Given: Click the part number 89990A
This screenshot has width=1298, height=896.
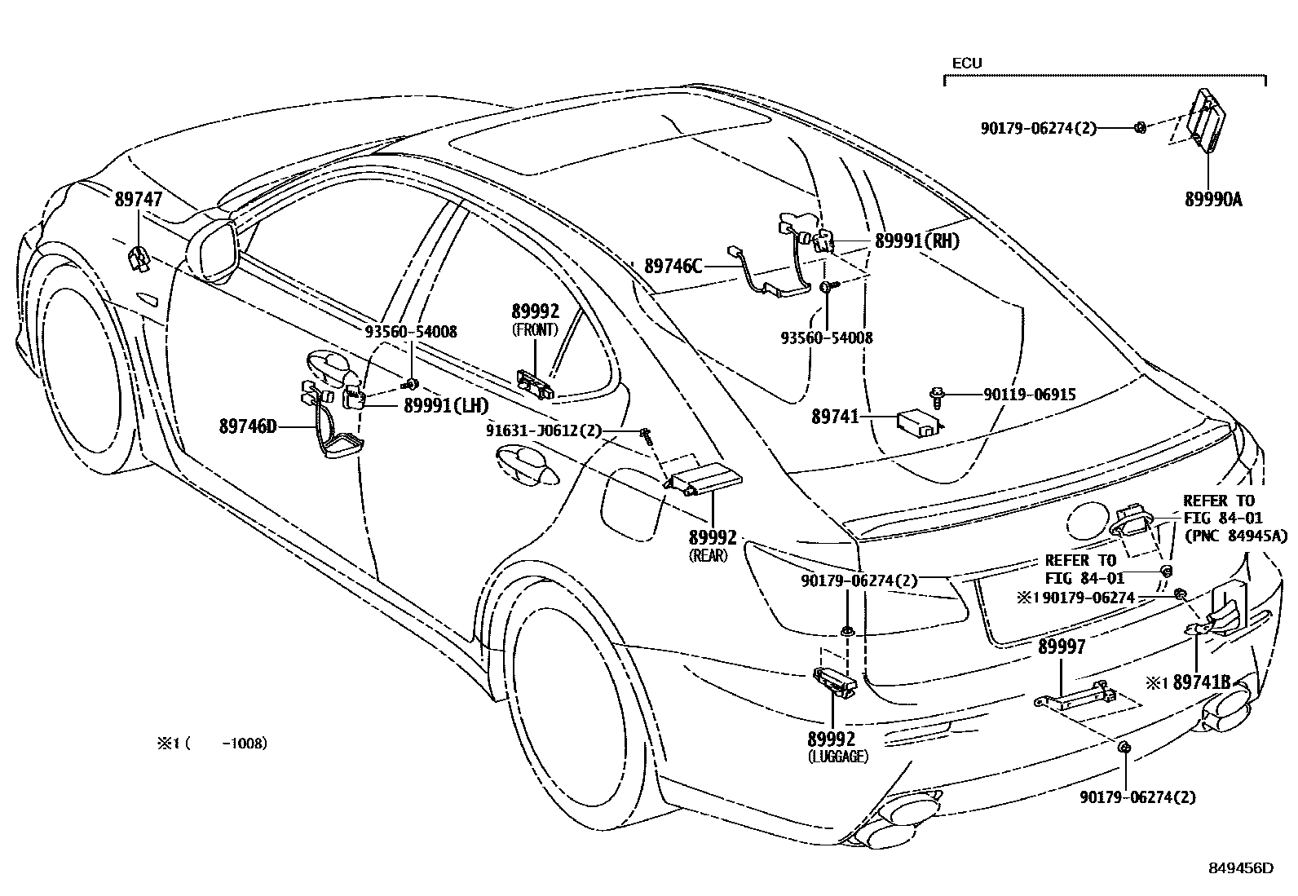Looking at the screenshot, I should tap(1213, 199).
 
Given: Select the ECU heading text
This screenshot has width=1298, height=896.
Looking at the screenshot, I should tap(967, 63).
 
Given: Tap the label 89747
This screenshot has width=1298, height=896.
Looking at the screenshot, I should tap(138, 199).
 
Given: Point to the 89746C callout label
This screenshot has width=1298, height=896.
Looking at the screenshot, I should tap(673, 266).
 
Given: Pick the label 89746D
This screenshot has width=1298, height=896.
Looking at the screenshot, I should tap(248, 426).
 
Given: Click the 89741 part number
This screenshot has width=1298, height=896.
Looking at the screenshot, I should tap(835, 417).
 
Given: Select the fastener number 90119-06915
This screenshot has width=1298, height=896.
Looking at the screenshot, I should tap(1029, 395).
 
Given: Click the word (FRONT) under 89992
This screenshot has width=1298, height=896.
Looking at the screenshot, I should tap(535, 329).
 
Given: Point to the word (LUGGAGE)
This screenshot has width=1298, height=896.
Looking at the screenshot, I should tap(838, 757).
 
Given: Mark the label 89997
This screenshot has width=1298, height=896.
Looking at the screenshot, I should tap(1062, 647).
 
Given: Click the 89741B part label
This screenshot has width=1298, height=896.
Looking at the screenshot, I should tap(1201, 683).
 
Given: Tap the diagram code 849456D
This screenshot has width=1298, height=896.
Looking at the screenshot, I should tap(1241, 868).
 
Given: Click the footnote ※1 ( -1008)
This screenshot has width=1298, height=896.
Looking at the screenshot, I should tap(212, 744).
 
